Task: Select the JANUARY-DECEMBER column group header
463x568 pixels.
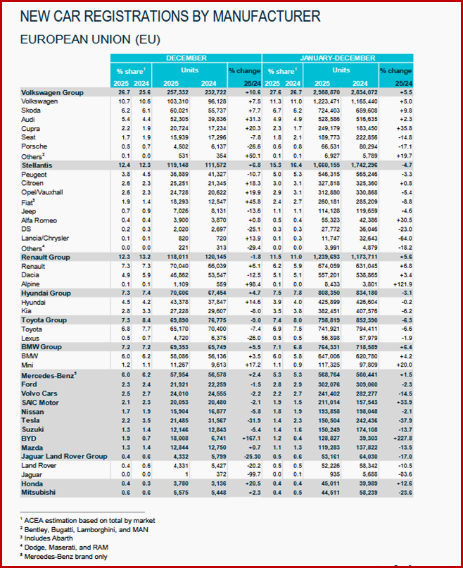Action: pos(336,57)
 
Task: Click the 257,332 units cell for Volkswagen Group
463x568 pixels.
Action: pos(175,93)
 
